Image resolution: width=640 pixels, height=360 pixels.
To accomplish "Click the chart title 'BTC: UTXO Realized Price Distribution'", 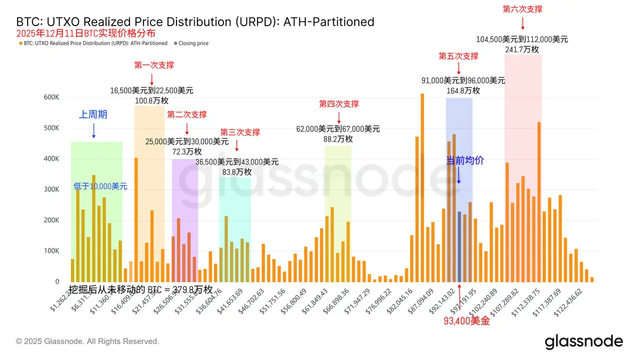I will click(195, 22).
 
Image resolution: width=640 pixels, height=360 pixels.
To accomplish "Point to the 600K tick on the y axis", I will click(51, 98).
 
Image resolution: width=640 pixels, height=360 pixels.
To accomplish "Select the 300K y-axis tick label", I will click(51, 190).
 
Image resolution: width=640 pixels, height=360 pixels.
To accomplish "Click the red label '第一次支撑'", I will click(154, 65).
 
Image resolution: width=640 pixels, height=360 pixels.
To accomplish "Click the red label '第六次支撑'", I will click(522, 9).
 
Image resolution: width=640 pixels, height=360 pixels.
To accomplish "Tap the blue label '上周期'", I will click(93, 114).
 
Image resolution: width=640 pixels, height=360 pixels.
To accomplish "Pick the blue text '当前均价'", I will click(465, 160).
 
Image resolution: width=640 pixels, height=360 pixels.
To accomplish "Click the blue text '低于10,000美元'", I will click(100, 186).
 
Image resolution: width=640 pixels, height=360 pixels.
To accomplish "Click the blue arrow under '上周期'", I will click(93, 130).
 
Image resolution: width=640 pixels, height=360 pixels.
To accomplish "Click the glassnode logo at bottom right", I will click(583, 341).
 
